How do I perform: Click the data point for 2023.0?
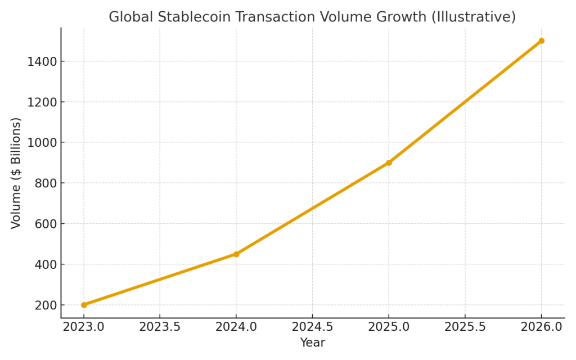click(x=84, y=305)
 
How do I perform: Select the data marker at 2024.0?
click(x=236, y=254)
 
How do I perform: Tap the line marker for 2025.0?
click(x=389, y=163)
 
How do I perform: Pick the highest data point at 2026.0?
click(x=541, y=40)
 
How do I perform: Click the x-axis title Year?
click(x=312, y=343)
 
